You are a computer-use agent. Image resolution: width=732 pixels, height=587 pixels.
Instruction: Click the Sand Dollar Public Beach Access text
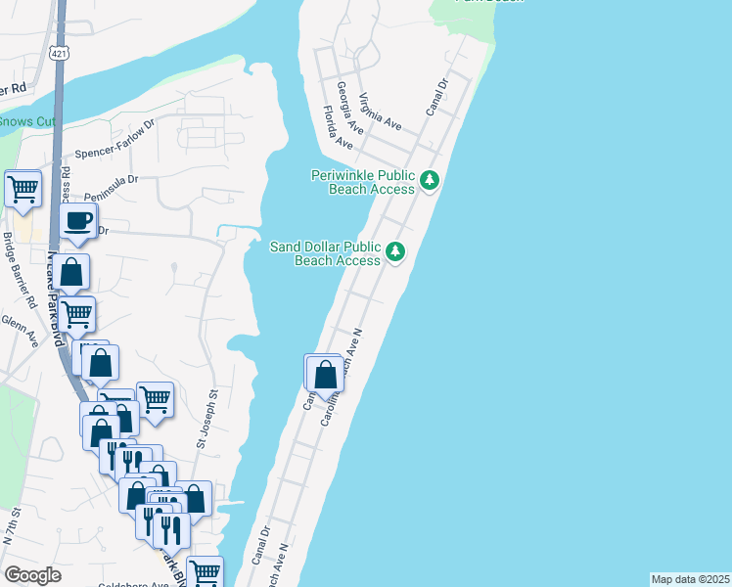325,253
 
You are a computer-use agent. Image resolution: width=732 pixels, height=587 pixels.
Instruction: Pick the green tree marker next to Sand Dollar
395,252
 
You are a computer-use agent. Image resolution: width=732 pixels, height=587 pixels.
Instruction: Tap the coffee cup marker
77,222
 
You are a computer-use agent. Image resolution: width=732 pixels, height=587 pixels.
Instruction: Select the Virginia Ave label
380,112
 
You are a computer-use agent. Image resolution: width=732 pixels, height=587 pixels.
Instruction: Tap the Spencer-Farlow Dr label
116,140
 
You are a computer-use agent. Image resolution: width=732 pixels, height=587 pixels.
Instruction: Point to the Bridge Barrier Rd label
19,268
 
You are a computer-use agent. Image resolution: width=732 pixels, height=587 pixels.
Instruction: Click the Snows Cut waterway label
27,121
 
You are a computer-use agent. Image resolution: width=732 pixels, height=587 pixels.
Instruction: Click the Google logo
33,574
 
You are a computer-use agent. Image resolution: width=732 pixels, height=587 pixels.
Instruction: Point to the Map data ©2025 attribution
690,579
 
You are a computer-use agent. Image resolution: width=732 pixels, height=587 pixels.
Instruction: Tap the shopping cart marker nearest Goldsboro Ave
205,572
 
